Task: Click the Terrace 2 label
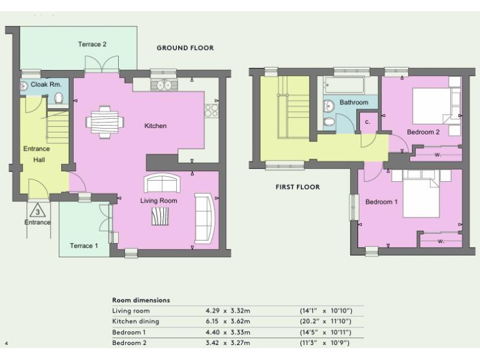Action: coord(92,44)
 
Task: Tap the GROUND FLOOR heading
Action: coord(185,48)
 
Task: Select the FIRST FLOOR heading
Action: coord(297,187)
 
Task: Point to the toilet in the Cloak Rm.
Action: coord(59,98)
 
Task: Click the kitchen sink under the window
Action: coord(164,85)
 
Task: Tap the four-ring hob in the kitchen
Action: coord(211,111)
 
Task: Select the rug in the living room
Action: coord(160,216)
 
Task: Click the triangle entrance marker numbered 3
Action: coord(39,211)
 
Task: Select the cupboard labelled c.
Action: coord(367,122)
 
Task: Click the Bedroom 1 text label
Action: coord(381,202)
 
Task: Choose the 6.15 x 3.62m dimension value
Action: coord(227,321)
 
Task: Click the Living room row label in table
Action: coord(131,311)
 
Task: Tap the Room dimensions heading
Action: coord(141,300)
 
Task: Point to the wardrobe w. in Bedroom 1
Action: coord(441,240)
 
